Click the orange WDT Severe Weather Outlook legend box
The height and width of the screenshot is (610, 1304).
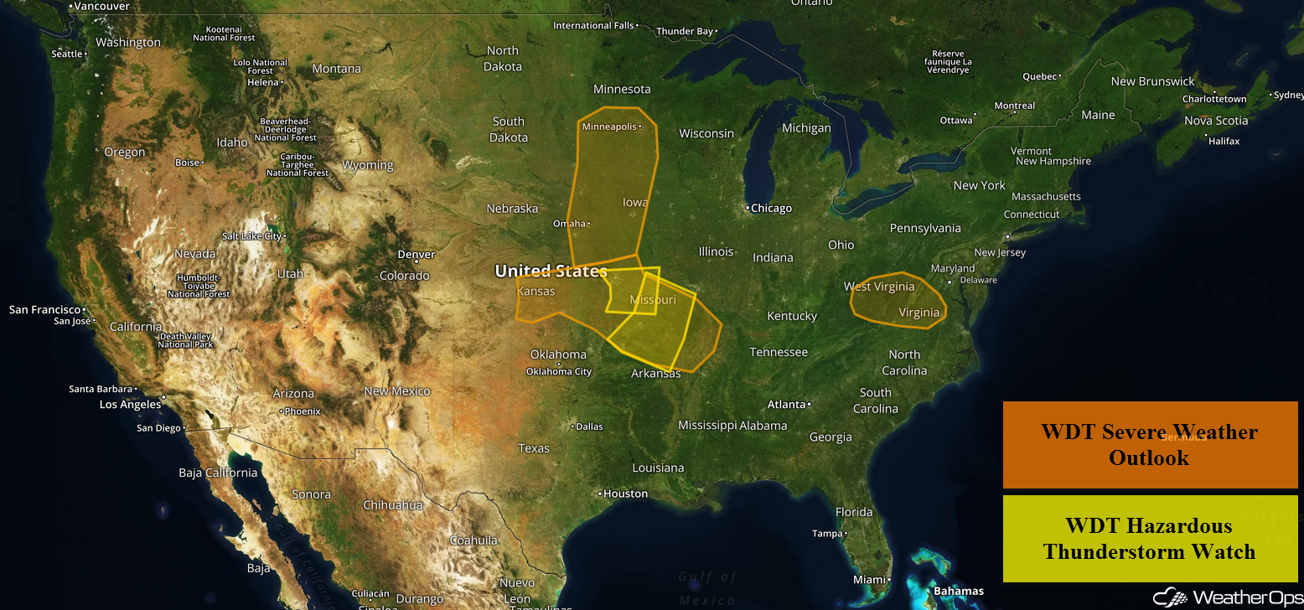tap(1150, 445)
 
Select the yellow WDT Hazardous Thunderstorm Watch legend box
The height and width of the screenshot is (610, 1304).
tap(1150, 539)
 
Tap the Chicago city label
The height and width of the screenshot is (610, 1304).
tap(770, 208)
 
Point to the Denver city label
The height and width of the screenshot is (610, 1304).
tap(416, 255)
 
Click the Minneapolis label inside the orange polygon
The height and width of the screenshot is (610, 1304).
tap(610, 127)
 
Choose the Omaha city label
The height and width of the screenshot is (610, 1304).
tap(570, 224)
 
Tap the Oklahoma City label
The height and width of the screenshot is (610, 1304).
tap(558, 371)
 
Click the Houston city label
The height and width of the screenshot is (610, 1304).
tap(625, 494)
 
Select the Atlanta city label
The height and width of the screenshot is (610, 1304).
tap(787, 405)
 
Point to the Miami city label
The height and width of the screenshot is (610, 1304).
tap(870, 580)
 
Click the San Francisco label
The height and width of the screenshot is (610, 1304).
tap(44, 310)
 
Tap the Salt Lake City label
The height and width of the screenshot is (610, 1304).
tap(251, 236)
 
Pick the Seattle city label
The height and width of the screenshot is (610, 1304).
tap(68, 54)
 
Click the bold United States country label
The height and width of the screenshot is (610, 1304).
tap(551, 271)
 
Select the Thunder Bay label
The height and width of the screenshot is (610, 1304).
tap(685, 32)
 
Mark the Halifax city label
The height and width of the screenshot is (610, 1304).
tap(1224, 141)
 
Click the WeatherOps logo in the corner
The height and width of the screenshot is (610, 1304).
tap(1228, 597)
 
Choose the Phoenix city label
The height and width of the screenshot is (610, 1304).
tap(303, 411)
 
